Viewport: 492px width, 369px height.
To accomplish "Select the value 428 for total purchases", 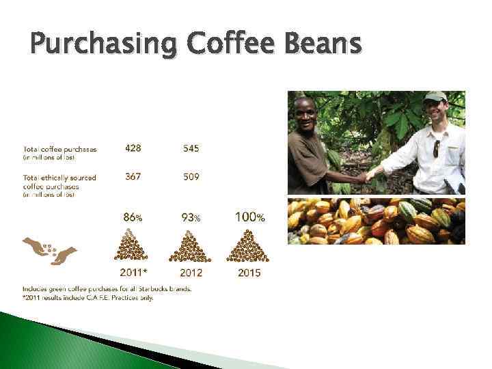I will point(133,148).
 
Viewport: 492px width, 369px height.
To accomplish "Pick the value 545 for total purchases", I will point(191,148).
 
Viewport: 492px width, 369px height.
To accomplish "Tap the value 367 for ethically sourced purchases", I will point(133,177).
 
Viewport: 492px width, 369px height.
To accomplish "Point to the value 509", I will point(191,177).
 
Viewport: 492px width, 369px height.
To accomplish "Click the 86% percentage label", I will point(133,217).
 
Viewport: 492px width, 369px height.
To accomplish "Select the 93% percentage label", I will point(191,217).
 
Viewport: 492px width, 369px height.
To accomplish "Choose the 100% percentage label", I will point(249,217).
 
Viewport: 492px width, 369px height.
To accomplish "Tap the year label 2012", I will point(191,273).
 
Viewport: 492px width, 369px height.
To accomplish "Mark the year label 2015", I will point(249,273).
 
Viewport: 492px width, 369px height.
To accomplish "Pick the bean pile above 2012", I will point(192,247).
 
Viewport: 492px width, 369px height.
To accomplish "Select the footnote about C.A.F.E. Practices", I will point(88,298).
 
